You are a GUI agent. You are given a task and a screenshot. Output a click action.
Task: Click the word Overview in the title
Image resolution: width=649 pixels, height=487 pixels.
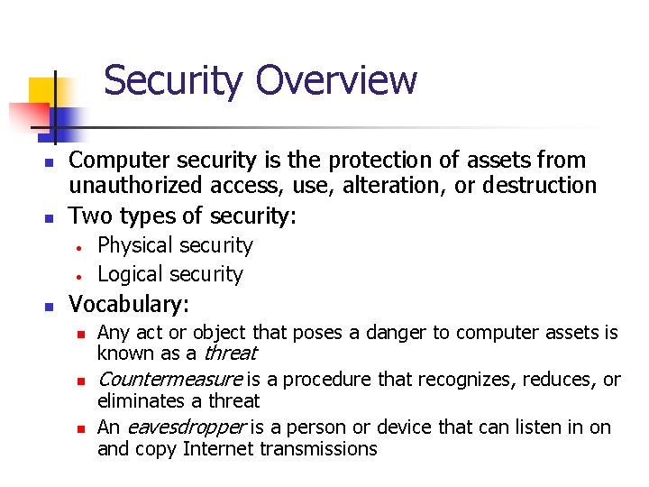click(x=336, y=80)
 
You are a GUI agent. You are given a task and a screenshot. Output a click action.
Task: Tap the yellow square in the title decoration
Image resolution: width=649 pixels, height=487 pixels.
click(x=43, y=94)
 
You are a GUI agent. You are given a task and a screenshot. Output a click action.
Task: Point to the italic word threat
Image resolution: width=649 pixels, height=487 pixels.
click(x=232, y=354)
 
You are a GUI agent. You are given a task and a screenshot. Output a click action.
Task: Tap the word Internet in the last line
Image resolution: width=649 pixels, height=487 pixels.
click(x=220, y=448)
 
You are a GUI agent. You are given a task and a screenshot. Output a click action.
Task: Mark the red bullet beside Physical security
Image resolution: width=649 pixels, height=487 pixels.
click(x=80, y=247)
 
